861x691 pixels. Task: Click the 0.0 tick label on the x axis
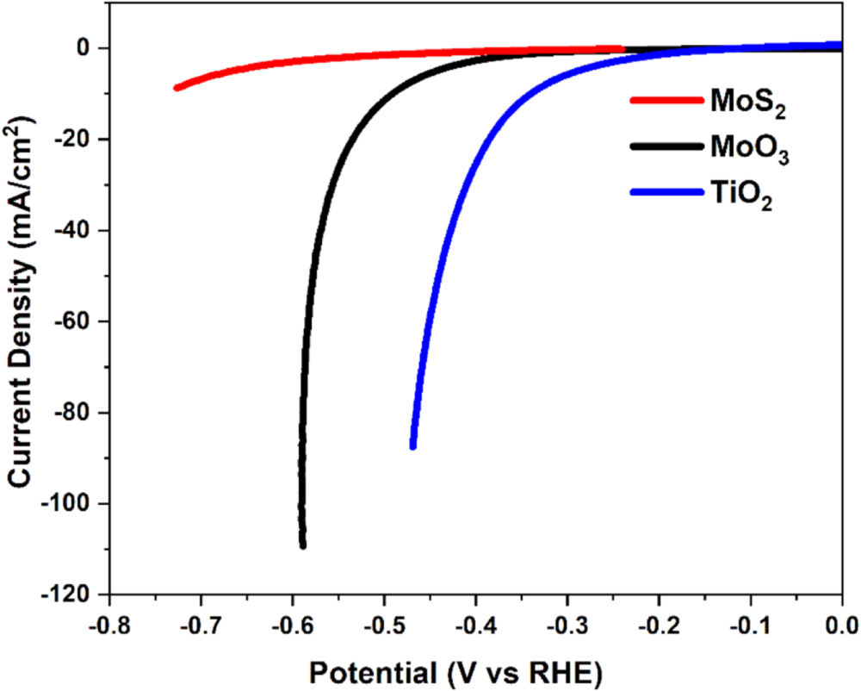point(839,622)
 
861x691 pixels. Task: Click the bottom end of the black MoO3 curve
point(303,545)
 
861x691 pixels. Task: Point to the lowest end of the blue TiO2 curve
point(413,445)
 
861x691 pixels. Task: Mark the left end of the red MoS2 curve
point(177,88)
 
